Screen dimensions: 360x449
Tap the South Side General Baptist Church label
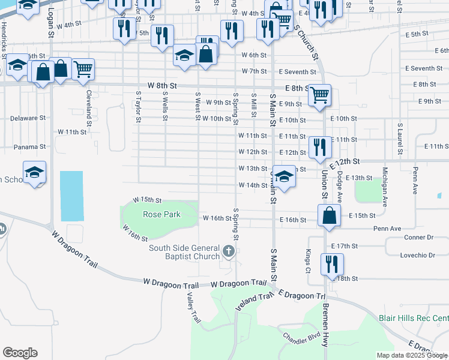tap(185, 252)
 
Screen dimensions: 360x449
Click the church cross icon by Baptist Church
tap(228, 250)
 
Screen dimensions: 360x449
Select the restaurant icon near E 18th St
tap(331, 263)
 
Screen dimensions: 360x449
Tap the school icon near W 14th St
tap(285, 176)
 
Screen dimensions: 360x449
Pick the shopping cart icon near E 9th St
tap(321, 94)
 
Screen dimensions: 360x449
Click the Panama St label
tap(30, 147)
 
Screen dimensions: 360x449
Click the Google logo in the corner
tap(20, 353)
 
